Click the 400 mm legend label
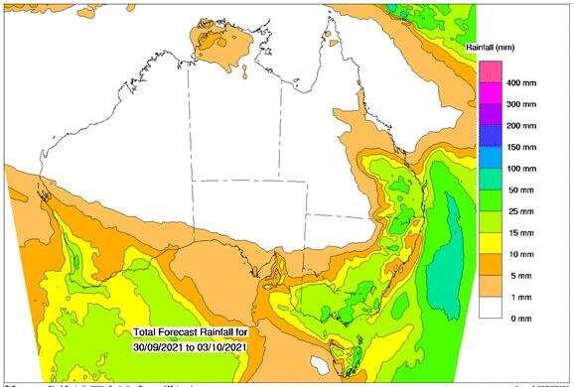522,82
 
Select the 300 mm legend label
522,103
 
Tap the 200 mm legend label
522,125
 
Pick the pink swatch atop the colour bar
490,71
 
